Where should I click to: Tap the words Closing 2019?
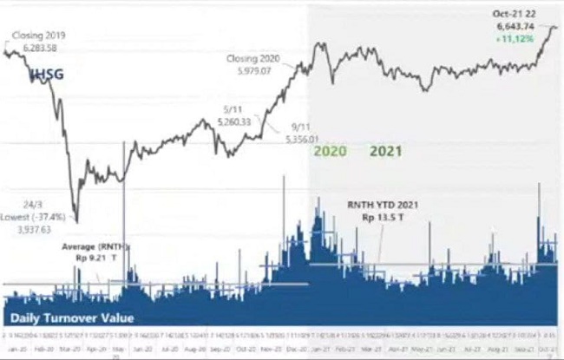(x=40, y=35)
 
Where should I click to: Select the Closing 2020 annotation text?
(x=253, y=58)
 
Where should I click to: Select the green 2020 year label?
(x=330, y=151)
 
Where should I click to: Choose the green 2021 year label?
(x=386, y=151)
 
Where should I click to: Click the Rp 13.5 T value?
(x=378, y=217)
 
